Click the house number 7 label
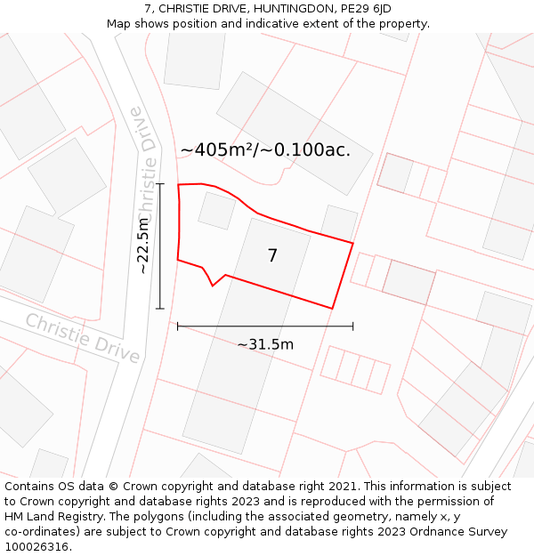pyautogui.click(x=272, y=256)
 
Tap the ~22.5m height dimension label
pyautogui.click(x=143, y=246)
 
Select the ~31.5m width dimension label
pyautogui.click(x=265, y=344)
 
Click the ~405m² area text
pyautogui.click(x=217, y=150)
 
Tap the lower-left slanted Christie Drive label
pyautogui.click(x=82, y=338)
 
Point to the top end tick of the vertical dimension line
pyautogui.click(x=160, y=184)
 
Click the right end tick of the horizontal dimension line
pyautogui.click(x=353, y=326)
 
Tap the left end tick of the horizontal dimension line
pyautogui.click(x=178, y=326)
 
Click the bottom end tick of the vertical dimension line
pyautogui.click(x=160, y=309)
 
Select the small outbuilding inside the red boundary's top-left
pyautogui.click(x=216, y=211)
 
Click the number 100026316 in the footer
pyautogui.click(x=36, y=547)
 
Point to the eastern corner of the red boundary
pyautogui.click(x=353, y=242)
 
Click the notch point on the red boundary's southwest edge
pyautogui.click(x=213, y=286)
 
